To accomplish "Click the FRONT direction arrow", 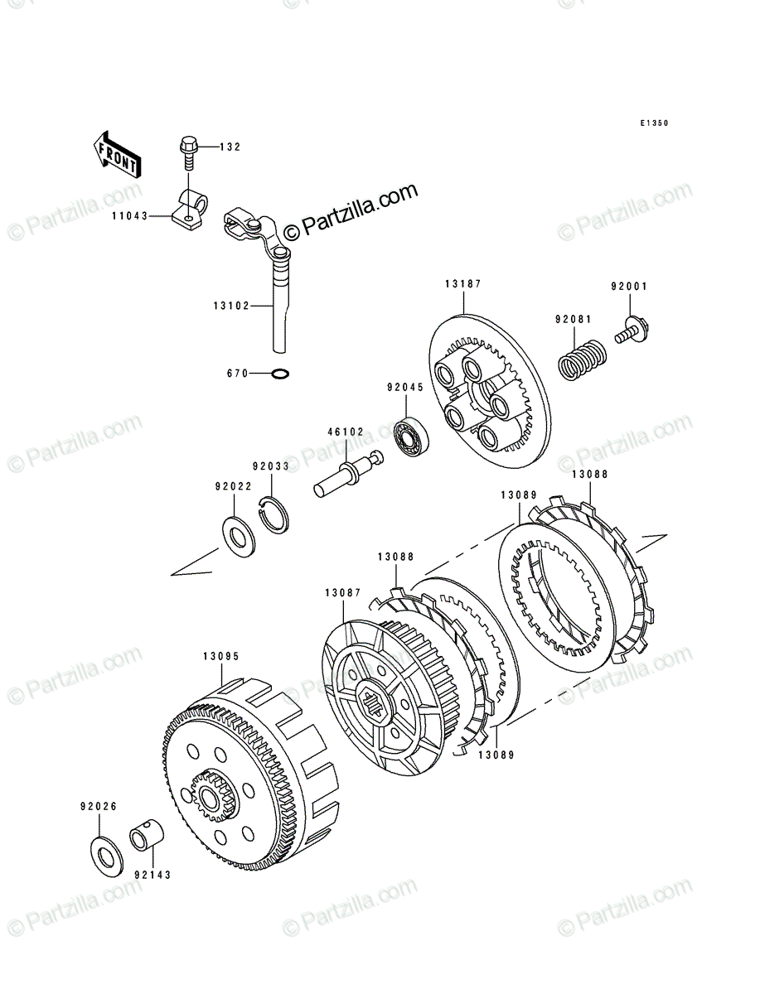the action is [117, 156].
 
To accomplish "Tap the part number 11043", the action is [130, 216].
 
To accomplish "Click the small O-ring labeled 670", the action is [280, 374].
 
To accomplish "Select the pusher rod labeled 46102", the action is [348, 475].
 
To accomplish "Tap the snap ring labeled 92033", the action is [274, 515].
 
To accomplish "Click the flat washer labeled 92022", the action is [239, 537].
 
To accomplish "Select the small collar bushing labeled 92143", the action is [148, 833].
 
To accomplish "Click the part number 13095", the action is [221, 656].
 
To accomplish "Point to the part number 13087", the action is [343, 593].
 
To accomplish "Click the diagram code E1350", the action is [654, 123].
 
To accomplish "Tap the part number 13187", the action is [463, 284].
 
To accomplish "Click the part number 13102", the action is [231, 306].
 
